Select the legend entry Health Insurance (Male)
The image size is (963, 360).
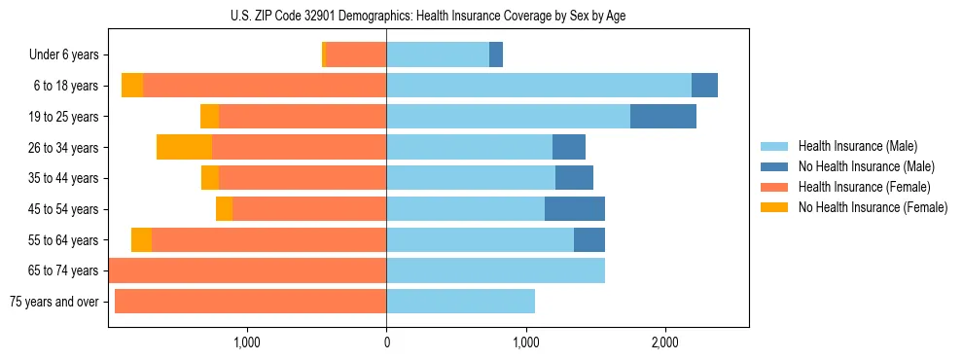click(852, 146)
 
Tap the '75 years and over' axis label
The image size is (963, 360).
click(53, 302)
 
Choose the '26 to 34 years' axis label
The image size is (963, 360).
click(65, 147)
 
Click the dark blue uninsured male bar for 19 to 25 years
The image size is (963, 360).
click(662, 116)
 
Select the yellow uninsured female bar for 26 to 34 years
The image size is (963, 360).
click(184, 147)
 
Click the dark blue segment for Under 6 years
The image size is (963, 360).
click(495, 54)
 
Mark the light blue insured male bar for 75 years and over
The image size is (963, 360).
click(460, 302)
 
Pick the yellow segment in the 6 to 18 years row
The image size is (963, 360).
click(132, 86)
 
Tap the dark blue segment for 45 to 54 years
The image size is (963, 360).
click(574, 208)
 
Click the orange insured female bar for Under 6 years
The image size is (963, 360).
click(355, 54)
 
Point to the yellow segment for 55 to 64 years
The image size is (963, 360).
click(141, 239)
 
